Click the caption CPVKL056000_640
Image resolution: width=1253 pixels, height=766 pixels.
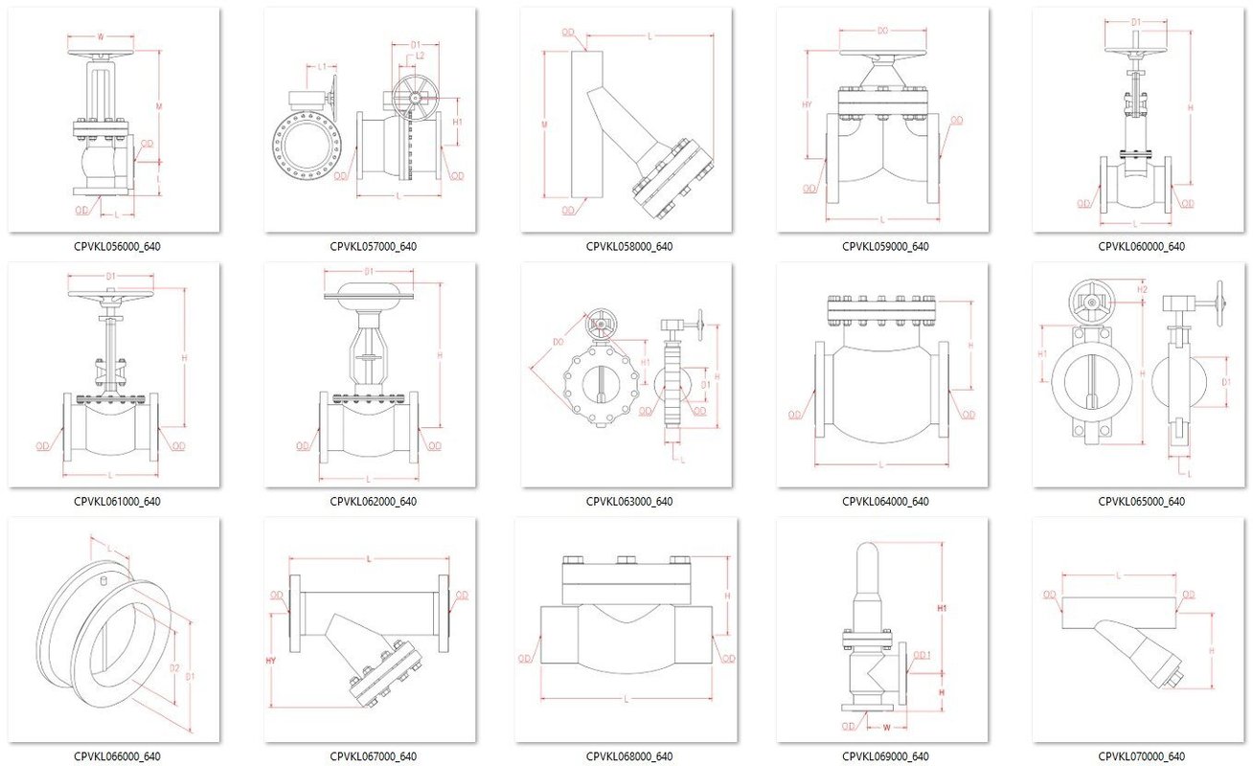(x=116, y=246)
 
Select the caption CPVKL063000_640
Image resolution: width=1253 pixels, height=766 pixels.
(x=628, y=501)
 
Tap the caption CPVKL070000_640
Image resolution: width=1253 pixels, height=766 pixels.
(x=1141, y=756)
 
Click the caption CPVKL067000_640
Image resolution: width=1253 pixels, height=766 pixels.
(x=373, y=756)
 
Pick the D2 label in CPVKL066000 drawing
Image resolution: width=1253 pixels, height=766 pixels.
(x=174, y=667)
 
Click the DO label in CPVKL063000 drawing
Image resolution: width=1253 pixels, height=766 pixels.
(x=558, y=342)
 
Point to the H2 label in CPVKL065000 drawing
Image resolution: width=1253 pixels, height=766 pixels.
(x=1142, y=288)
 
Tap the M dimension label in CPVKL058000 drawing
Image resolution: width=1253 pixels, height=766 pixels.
(x=544, y=124)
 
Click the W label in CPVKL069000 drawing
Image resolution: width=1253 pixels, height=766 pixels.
(x=886, y=726)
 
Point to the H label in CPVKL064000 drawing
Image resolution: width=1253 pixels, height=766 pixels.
(x=970, y=345)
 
